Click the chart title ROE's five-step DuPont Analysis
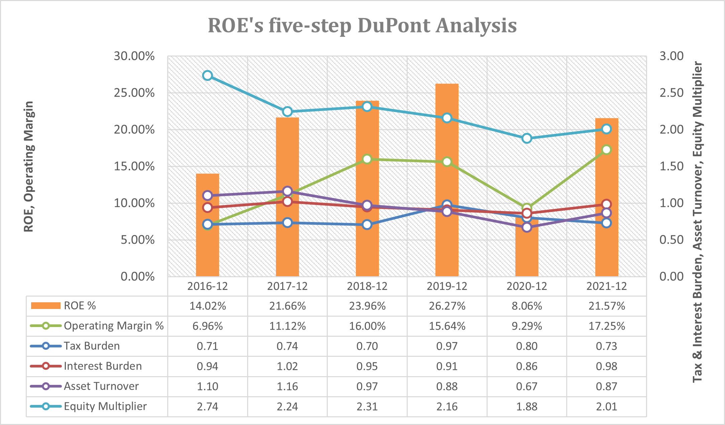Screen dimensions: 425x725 tap(362, 25)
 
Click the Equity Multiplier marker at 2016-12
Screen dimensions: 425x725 tap(207, 75)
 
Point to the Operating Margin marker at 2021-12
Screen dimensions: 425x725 tap(607, 149)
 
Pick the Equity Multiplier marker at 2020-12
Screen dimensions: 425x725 tap(527, 138)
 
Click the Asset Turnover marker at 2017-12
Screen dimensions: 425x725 tap(287, 191)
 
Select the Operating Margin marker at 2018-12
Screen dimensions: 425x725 tap(367, 159)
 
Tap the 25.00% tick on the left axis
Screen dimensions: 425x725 tap(134, 93)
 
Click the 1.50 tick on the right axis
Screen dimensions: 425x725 tap(671, 166)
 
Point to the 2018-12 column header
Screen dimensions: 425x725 tap(367, 286)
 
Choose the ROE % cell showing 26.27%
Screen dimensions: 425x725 tap(447, 306)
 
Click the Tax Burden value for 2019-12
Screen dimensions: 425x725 tap(447, 346)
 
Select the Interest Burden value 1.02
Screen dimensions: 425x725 tap(287, 366)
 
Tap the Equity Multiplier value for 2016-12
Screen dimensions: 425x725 tap(207, 407)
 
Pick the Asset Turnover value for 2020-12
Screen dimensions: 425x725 tap(527, 387)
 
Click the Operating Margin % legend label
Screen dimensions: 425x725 tap(114, 326)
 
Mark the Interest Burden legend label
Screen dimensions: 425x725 tap(103, 366)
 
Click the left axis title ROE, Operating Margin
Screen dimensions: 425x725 tap(29, 166)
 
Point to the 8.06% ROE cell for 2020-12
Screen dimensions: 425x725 tap(527, 306)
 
